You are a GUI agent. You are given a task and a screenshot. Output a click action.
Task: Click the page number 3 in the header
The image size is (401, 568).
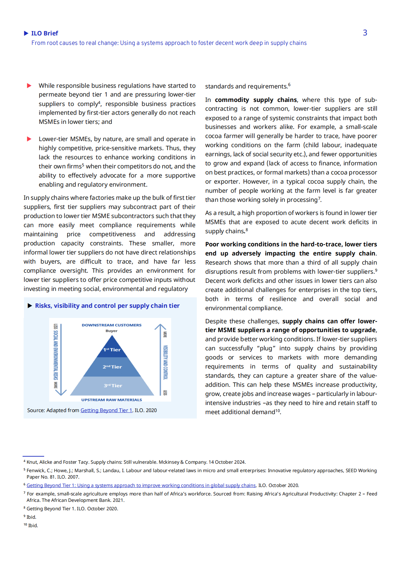coord(365,33)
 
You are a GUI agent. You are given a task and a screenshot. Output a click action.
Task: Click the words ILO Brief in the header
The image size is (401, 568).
coord(44,33)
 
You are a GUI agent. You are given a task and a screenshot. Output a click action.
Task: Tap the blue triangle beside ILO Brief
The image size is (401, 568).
coord(26,33)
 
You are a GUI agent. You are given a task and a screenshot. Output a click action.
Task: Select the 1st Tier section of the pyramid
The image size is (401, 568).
coord(112,350)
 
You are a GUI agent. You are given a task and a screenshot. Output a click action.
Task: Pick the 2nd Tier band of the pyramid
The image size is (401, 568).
coord(112,367)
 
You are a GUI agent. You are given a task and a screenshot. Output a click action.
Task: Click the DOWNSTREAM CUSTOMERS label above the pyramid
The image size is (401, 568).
coord(112,325)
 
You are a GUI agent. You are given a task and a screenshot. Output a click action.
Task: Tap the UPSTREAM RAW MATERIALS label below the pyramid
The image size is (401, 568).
coord(112,400)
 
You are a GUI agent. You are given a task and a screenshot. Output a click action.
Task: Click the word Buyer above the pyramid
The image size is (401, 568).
coord(112,331)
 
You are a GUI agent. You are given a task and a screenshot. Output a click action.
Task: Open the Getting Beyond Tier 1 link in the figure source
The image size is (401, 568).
coord(106,410)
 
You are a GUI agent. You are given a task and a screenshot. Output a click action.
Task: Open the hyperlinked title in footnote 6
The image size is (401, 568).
coord(141,485)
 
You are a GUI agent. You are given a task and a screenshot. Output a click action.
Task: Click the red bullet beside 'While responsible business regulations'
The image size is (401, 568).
coord(29,86)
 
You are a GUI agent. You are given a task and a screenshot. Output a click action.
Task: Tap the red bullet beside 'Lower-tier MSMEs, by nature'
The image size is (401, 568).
coord(29,139)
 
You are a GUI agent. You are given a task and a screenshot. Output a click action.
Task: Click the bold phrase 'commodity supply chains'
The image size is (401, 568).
coord(256,100)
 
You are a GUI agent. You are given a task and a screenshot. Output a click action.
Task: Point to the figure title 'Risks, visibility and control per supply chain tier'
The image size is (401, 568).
coord(107,306)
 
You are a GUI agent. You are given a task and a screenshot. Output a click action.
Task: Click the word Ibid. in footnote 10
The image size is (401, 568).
coord(33,525)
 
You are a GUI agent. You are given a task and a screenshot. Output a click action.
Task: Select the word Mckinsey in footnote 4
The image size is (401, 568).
coord(169,462)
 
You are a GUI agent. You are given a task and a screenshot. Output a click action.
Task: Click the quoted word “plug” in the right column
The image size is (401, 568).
coord(267,348)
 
